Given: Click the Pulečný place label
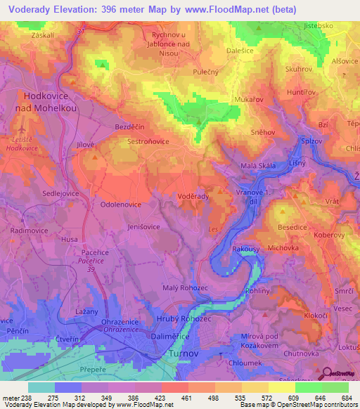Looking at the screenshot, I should (206, 71).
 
